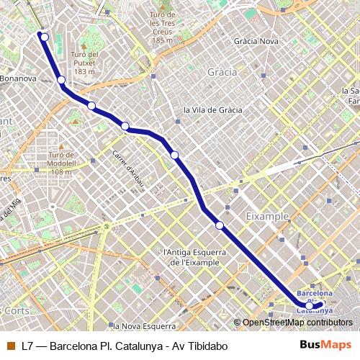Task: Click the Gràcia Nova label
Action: (256, 41)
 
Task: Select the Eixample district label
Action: (267, 216)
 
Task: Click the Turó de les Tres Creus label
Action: (163, 27)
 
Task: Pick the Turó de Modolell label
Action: (62, 163)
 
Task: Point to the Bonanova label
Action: (17, 78)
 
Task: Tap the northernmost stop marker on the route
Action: (45, 37)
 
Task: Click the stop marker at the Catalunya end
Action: (310, 305)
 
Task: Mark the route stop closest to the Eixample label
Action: (220, 225)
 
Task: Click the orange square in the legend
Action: (10, 346)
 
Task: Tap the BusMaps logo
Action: (326, 346)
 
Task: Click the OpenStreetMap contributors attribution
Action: (297, 323)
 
